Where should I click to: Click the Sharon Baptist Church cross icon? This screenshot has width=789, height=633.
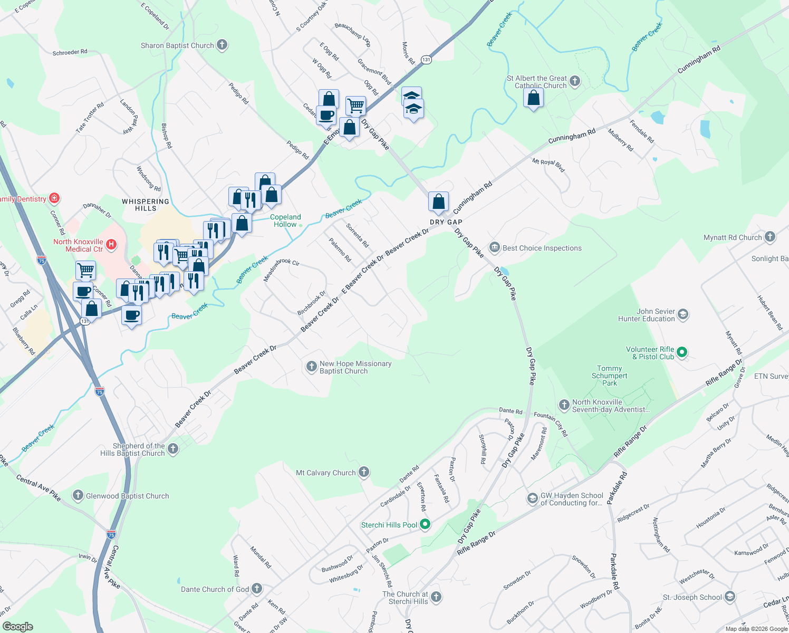222,45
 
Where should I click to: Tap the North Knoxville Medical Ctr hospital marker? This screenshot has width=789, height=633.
111,244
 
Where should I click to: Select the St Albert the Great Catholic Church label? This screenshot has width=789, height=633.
536,82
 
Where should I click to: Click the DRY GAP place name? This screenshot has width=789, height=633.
446,222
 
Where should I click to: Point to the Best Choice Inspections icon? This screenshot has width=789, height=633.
495,247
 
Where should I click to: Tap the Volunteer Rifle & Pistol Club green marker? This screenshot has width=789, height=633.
682,352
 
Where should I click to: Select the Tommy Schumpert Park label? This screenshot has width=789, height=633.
609,376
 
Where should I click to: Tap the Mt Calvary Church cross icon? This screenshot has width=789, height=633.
364,472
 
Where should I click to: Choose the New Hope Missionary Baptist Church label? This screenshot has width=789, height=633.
355,367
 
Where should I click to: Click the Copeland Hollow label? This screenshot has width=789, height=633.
285,220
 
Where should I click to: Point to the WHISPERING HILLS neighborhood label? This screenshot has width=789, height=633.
146,205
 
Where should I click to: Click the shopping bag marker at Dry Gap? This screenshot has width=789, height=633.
438,202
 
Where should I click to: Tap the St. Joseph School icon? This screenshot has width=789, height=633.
730,597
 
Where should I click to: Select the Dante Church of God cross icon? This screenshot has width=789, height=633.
257,588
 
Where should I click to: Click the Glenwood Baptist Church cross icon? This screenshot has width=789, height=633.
78,495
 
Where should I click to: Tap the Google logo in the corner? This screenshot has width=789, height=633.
17,626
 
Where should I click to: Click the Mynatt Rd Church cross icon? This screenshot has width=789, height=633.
770,237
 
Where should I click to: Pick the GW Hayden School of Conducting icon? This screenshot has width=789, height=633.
533,498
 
